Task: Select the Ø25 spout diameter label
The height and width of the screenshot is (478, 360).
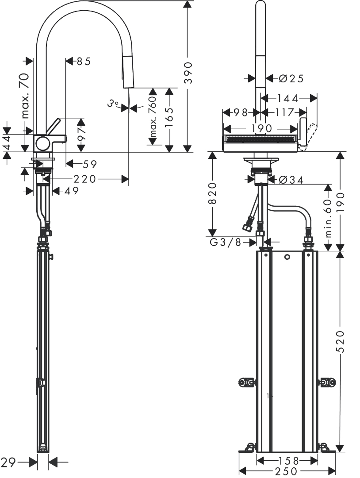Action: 291,78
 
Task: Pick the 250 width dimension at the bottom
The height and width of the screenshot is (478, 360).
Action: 287,471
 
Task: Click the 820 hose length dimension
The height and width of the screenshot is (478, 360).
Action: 212,194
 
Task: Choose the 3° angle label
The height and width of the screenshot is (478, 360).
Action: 113,104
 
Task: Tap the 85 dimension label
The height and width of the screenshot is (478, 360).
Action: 84,62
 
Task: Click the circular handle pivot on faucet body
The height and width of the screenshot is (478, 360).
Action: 43,143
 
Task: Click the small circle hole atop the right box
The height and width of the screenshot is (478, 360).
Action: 287,257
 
